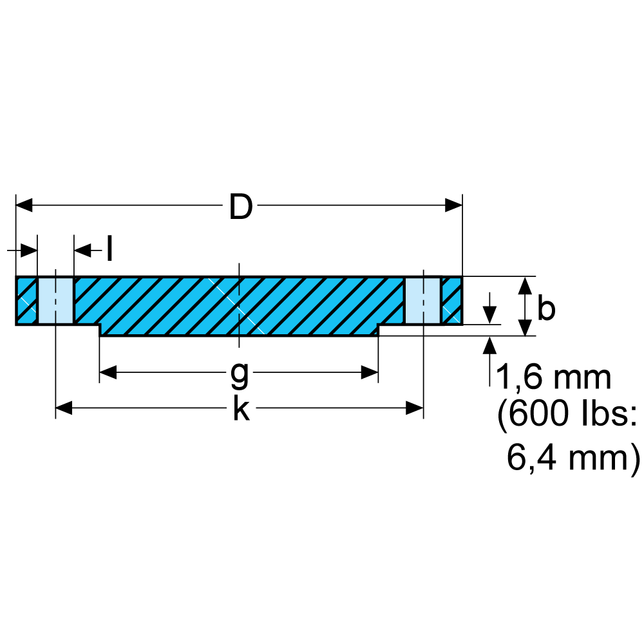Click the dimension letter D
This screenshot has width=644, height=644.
click(x=241, y=207)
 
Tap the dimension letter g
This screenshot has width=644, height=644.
click(x=240, y=375)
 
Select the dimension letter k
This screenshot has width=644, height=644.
click(x=241, y=408)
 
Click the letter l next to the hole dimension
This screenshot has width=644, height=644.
click(x=109, y=248)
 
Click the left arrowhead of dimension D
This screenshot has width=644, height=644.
click(x=24, y=205)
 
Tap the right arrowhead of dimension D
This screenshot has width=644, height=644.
click(x=454, y=205)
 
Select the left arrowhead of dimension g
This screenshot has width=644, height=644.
click(x=108, y=372)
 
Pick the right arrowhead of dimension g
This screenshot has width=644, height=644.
click(x=370, y=372)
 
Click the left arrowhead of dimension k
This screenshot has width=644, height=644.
click(x=64, y=408)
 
